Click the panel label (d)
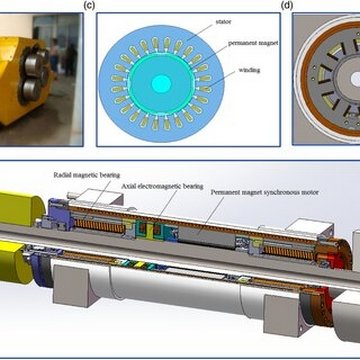pyautogui.click(x=289, y=5)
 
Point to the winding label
pyautogui.click(x=237, y=73)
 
